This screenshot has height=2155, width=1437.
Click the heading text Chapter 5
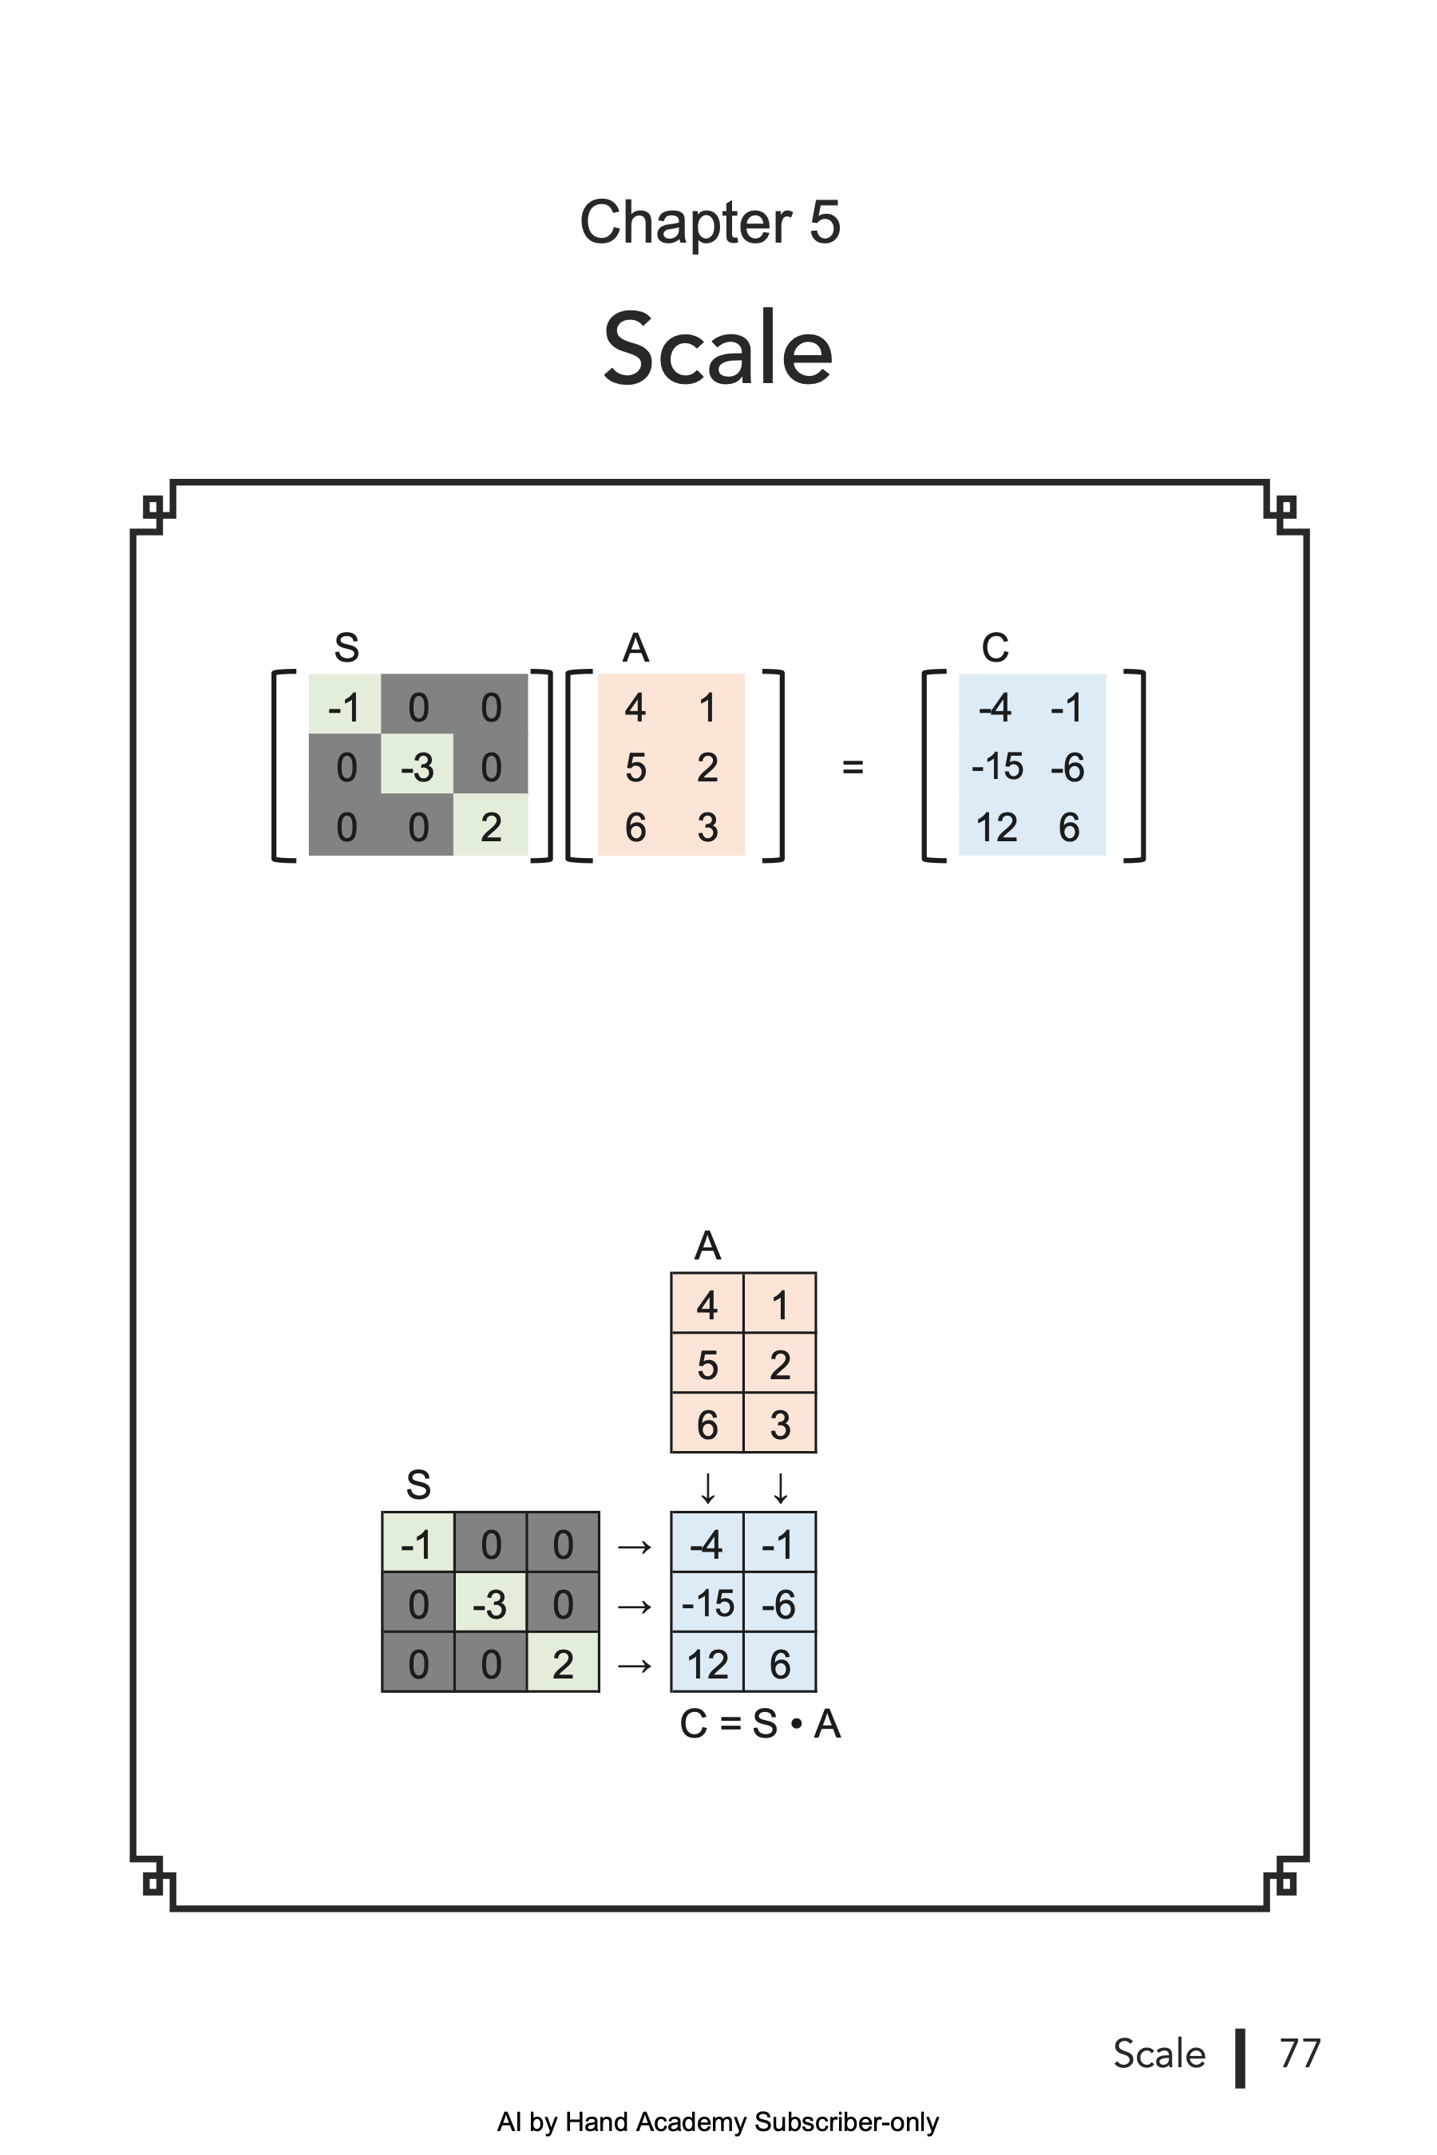pyautogui.click(x=710, y=223)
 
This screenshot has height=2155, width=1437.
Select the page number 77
pyautogui.click(x=1300, y=2054)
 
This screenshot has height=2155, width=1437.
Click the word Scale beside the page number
pyautogui.click(x=1158, y=2054)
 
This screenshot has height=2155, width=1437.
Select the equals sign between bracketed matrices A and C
pyautogui.click(x=853, y=766)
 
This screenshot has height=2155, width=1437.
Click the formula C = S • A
pyautogui.click(x=760, y=1723)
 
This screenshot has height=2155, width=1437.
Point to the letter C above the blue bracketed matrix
pyautogui.click(x=996, y=648)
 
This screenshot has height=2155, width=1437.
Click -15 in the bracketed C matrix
pyautogui.click(x=997, y=766)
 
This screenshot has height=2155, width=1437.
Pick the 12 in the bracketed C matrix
pyautogui.click(x=996, y=828)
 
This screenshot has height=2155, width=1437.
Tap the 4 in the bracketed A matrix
pyautogui.click(x=635, y=707)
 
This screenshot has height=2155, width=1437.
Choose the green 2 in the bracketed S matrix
pyautogui.click(x=491, y=828)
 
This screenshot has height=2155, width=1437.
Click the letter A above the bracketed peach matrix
pyautogui.click(x=635, y=648)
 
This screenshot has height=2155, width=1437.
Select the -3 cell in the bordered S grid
pyautogui.click(x=490, y=1604)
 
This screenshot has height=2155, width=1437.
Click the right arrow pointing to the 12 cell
pyautogui.click(x=634, y=1665)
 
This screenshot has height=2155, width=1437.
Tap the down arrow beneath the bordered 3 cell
pyautogui.click(x=780, y=1488)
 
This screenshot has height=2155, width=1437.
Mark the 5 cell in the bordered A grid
pyautogui.click(x=707, y=1365)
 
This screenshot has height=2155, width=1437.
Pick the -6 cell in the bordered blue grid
pyautogui.click(x=779, y=1604)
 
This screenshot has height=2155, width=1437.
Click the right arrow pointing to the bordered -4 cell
pyautogui.click(x=634, y=1548)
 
